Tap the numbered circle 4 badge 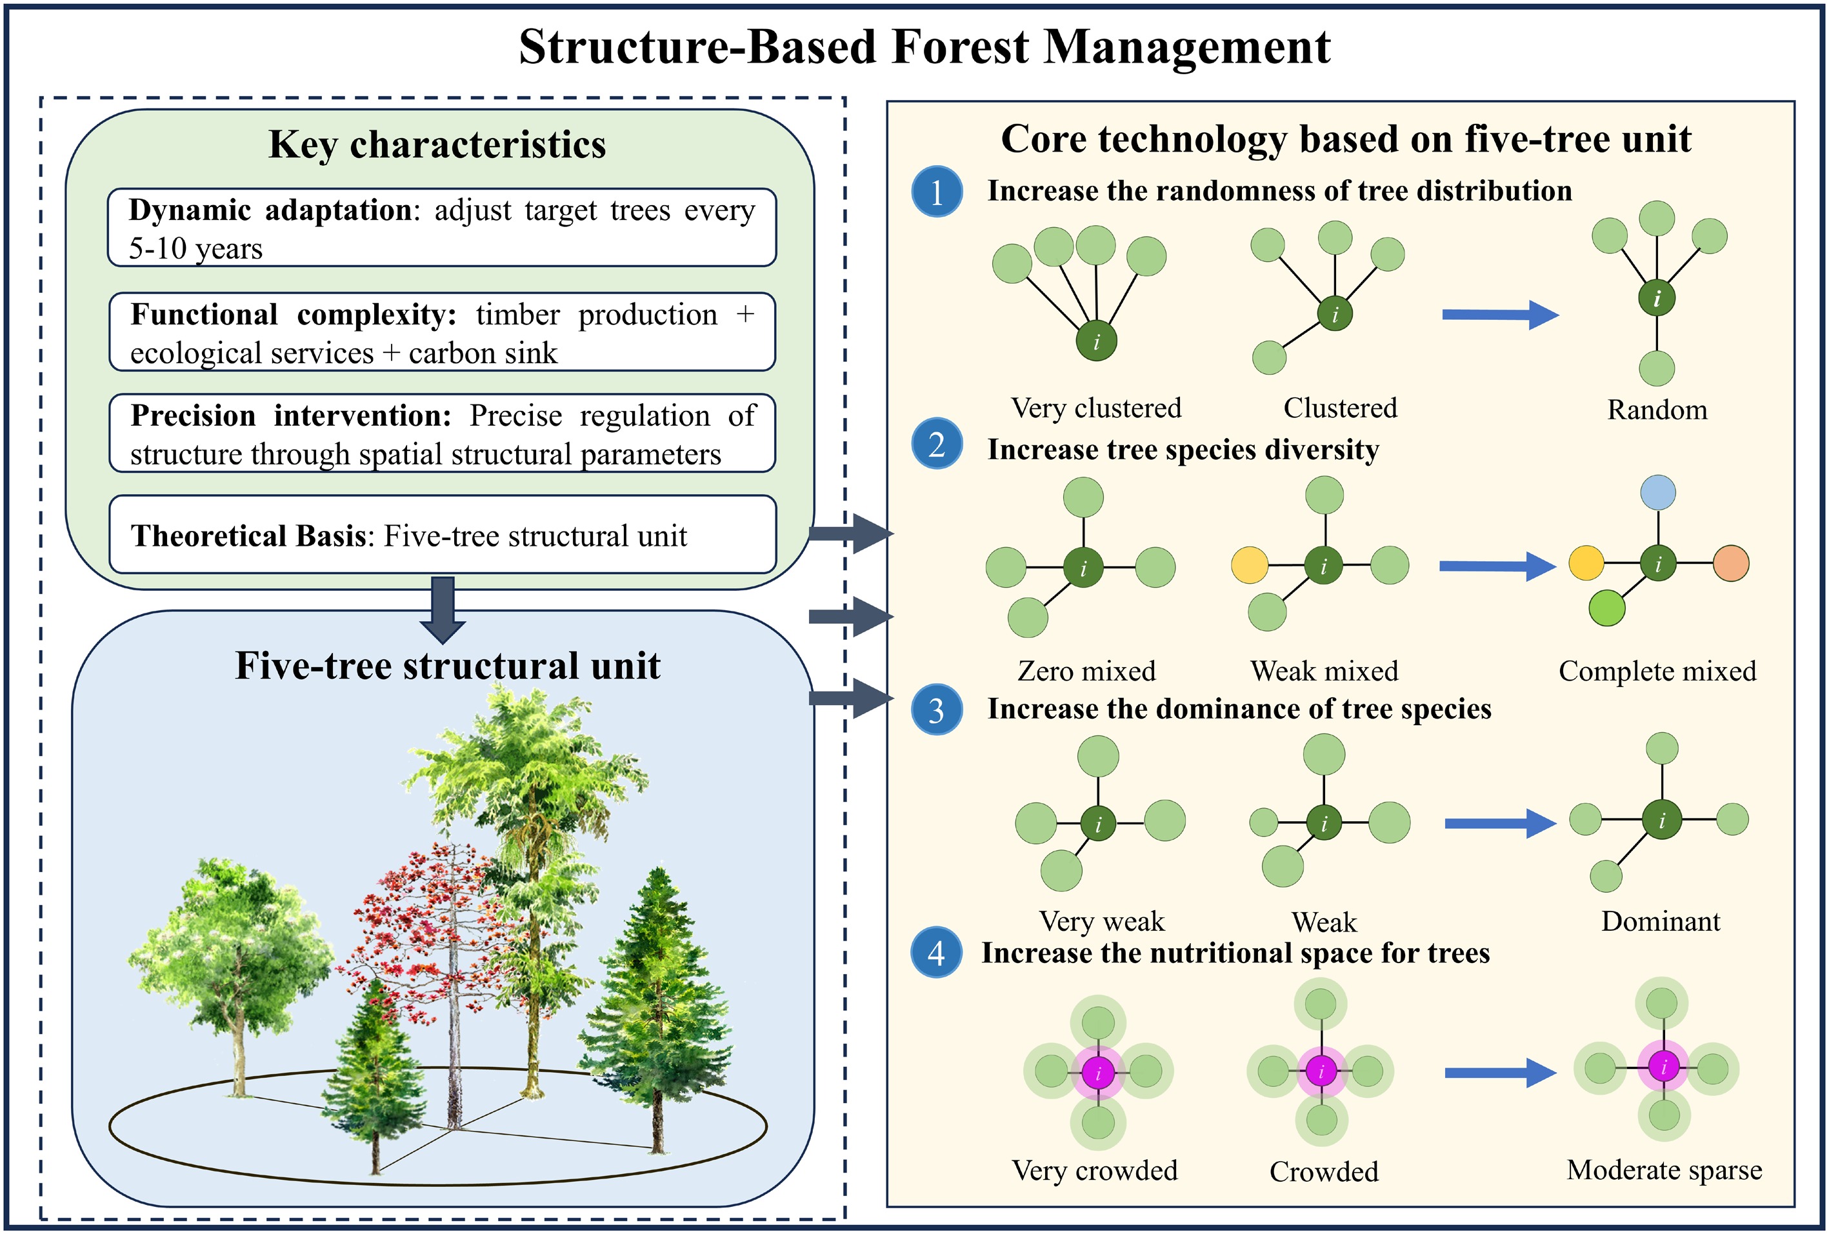(935, 953)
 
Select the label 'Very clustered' (1096, 408)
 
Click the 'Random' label (1657, 410)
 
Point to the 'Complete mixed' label (1657, 672)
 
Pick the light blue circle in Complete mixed (1657, 493)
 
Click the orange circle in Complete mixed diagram (1731, 564)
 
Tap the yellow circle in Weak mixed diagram (1250, 565)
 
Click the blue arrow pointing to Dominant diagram (1500, 824)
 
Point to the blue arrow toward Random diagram (1499, 315)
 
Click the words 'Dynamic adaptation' (270, 210)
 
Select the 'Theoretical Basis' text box (443, 535)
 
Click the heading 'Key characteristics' (437, 144)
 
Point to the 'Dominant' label (1661, 921)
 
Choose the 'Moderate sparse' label (1664, 1170)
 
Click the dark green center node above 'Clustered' (1335, 313)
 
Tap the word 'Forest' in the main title (959, 46)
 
